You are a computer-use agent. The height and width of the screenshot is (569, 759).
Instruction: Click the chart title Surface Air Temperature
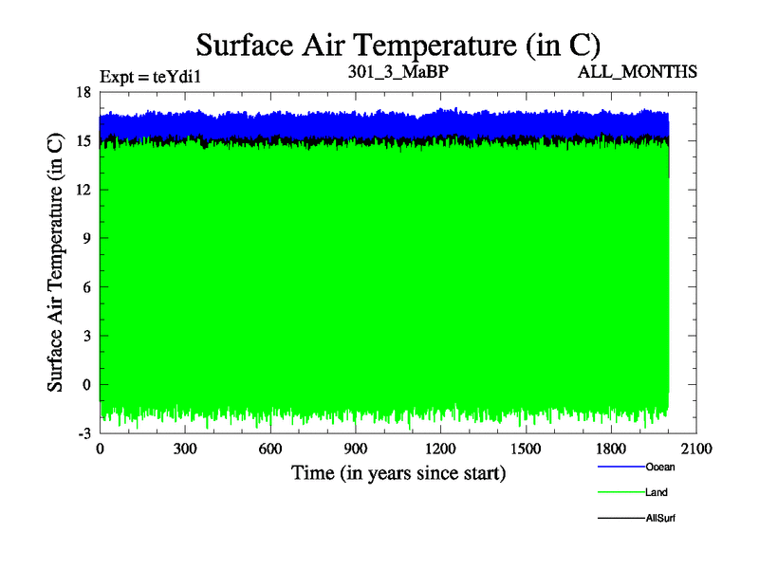coord(398,45)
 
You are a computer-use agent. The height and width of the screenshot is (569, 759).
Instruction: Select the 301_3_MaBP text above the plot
coord(398,71)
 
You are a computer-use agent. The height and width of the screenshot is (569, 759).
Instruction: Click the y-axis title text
coord(56,262)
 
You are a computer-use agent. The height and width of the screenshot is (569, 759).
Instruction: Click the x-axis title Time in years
coord(398,472)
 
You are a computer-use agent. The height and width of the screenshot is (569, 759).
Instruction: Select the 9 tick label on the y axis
coord(85,238)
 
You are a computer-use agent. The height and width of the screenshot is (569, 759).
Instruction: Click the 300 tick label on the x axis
coord(185,450)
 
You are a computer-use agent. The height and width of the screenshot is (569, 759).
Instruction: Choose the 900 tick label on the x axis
coord(356,450)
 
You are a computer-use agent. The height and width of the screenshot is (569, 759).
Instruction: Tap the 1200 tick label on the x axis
coord(440,450)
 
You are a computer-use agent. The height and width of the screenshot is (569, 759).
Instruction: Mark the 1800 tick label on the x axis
coord(611,450)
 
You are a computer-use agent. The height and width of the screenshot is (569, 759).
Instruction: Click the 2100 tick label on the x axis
coord(696,450)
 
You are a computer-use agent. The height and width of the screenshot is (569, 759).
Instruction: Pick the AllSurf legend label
coord(661,519)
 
